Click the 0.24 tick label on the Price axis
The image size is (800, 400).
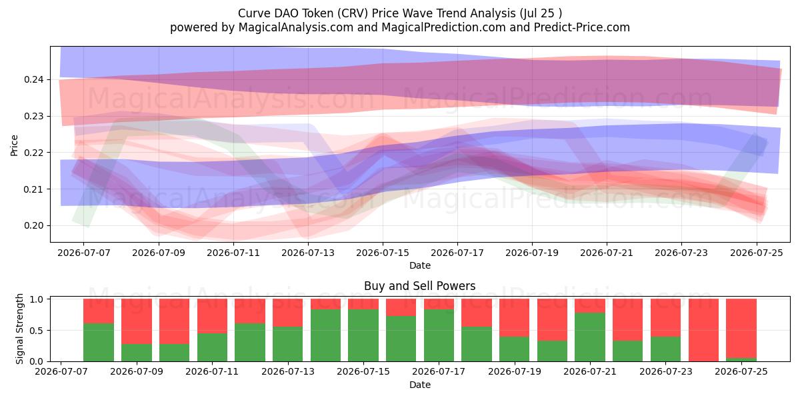[x=33, y=79]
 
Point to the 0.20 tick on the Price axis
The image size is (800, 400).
[x=33, y=226]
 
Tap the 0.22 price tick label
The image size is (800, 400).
[x=33, y=153]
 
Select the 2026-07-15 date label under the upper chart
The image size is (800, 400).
[x=383, y=253]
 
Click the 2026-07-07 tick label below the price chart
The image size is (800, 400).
[x=84, y=253]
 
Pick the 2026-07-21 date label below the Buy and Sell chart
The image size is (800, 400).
[x=589, y=371]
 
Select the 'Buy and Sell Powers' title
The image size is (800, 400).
[x=419, y=286]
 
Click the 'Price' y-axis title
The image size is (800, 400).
[x=14, y=145]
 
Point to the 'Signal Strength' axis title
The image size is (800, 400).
[x=19, y=329]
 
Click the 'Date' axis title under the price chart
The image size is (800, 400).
[x=420, y=265]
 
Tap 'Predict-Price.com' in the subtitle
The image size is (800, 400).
[x=582, y=27]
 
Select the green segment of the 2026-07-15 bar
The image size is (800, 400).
[x=363, y=335]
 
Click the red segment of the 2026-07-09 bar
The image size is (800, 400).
[x=137, y=321]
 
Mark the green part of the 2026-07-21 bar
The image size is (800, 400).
[x=590, y=337]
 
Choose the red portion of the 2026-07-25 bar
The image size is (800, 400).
[x=741, y=328]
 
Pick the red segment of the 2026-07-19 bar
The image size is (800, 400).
[x=514, y=318]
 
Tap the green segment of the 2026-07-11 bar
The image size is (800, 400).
[x=212, y=347]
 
